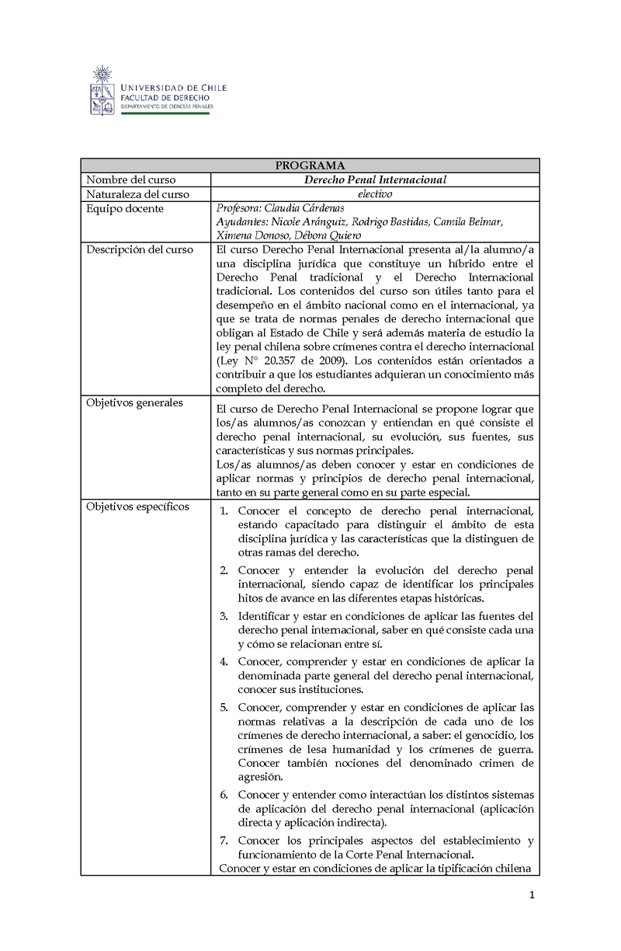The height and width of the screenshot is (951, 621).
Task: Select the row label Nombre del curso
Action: point(130,180)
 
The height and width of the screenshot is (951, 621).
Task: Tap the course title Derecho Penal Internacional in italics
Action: point(375,180)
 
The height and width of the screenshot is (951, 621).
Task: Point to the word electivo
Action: point(375,195)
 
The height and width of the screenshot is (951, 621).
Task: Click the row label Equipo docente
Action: point(125,209)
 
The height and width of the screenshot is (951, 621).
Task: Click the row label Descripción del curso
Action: point(140,250)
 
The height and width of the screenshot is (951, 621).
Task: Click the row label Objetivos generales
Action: point(135,402)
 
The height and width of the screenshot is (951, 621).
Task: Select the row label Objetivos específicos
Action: point(137,507)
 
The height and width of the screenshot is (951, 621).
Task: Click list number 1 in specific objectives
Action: point(223,511)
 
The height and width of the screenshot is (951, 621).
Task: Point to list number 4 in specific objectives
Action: point(223,662)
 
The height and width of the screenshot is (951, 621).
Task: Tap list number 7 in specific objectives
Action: point(223,841)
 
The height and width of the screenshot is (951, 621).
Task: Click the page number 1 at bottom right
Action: point(533,896)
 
